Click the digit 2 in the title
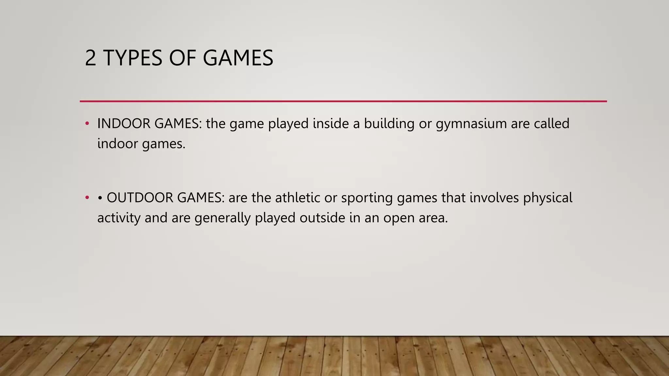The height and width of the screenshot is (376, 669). (x=90, y=58)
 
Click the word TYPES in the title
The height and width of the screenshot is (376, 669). (x=133, y=58)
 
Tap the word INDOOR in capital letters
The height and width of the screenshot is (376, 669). (x=123, y=124)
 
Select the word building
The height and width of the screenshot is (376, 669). (x=389, y=124)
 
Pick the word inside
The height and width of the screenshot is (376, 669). (x=331, y=124)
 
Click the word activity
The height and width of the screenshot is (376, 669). (x=119, y=218)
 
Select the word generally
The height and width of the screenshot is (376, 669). (x=222, y=218)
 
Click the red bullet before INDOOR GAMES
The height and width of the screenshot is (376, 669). (x=87, y=124)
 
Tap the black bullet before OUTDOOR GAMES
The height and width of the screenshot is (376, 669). (x=100, y=198)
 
